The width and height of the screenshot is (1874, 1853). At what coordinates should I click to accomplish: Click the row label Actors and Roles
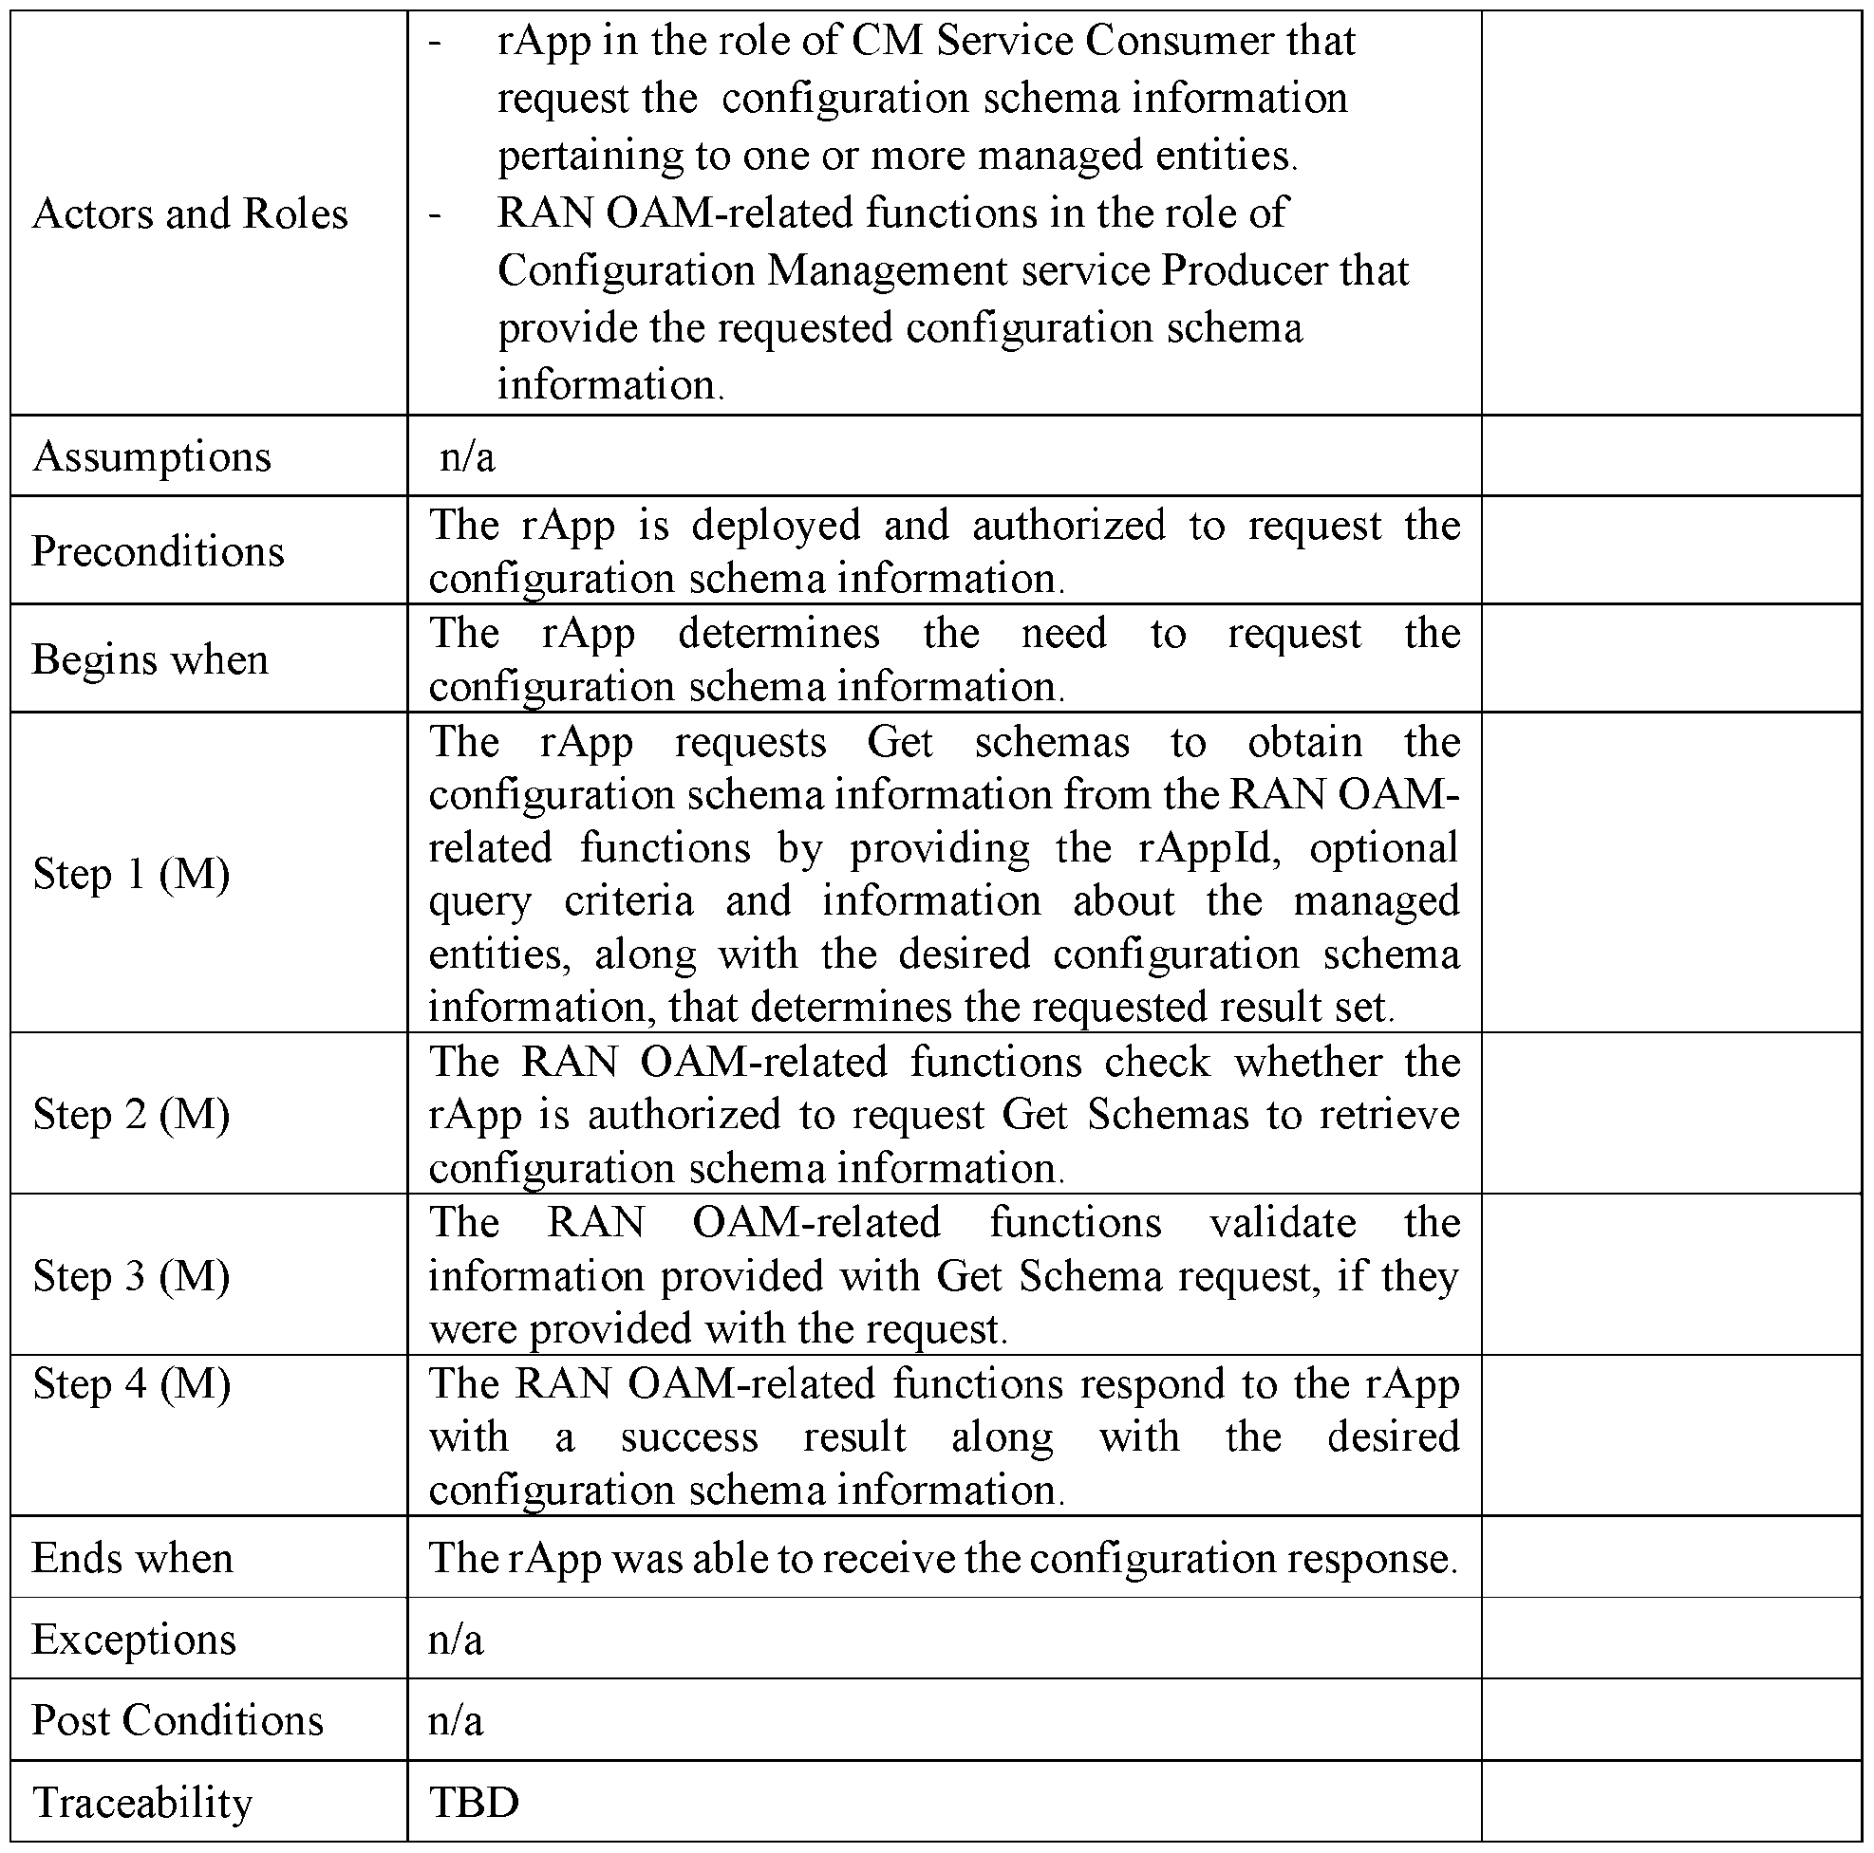[x=189, y=213]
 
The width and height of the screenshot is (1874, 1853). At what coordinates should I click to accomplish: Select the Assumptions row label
[x=151, y=456]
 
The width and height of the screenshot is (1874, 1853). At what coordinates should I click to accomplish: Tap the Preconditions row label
[x=159, y=550]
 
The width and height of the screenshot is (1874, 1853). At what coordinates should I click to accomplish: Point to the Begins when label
[x=150, y=659]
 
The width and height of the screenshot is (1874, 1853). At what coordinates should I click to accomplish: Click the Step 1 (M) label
[x=132, y=873]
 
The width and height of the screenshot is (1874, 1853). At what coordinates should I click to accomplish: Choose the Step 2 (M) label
[x=132, y=1113]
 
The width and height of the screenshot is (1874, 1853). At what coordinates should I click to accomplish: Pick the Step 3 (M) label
[x=132, y=1275]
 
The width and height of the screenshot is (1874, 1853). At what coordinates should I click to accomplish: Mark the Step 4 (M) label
[x=132, y=1382]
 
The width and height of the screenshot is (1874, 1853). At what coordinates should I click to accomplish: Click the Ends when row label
[x=133, y=1557]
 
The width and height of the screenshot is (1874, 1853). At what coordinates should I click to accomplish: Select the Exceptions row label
[x=134, y=1639]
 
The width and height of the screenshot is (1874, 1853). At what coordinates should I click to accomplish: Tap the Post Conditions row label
[x=178, y=1719]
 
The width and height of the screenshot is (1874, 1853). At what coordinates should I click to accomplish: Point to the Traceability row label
[x=142, y=1802]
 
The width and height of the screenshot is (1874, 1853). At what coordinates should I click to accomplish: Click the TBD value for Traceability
[x=474, y=1802]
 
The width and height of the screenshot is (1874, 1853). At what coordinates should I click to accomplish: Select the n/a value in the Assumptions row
[x=466, y=456]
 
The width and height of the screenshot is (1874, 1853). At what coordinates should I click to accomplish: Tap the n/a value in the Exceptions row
[x=455, y=1639]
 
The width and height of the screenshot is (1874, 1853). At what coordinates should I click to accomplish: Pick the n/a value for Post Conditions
[x=455, y=1719]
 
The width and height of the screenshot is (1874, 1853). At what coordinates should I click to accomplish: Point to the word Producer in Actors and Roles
[x=1245, y=270]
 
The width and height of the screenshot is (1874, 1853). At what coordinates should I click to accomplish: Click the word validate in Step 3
[x=1283, y=1222]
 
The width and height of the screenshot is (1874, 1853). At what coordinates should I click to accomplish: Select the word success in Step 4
[x=688, y=1436]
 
